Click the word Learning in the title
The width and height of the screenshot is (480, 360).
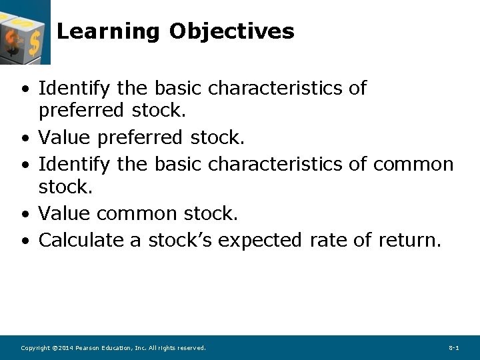click(108, 31)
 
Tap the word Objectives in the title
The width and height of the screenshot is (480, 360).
click(231, 31)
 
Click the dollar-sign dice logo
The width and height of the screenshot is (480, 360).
click(24, 32)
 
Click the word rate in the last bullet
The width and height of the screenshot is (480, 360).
click(327, 240)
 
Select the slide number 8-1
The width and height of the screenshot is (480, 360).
click(454, 348)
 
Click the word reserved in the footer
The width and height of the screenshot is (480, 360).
click(191, 348)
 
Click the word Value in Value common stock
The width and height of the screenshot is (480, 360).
click(65, 214)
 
